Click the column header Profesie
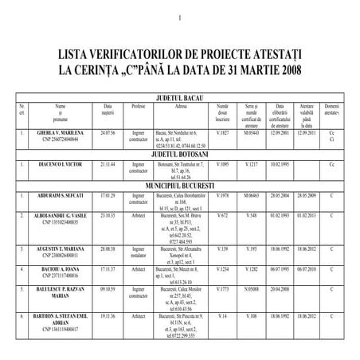pos(139,105)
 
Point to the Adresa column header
pos(181,105)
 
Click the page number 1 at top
pos(182,19)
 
